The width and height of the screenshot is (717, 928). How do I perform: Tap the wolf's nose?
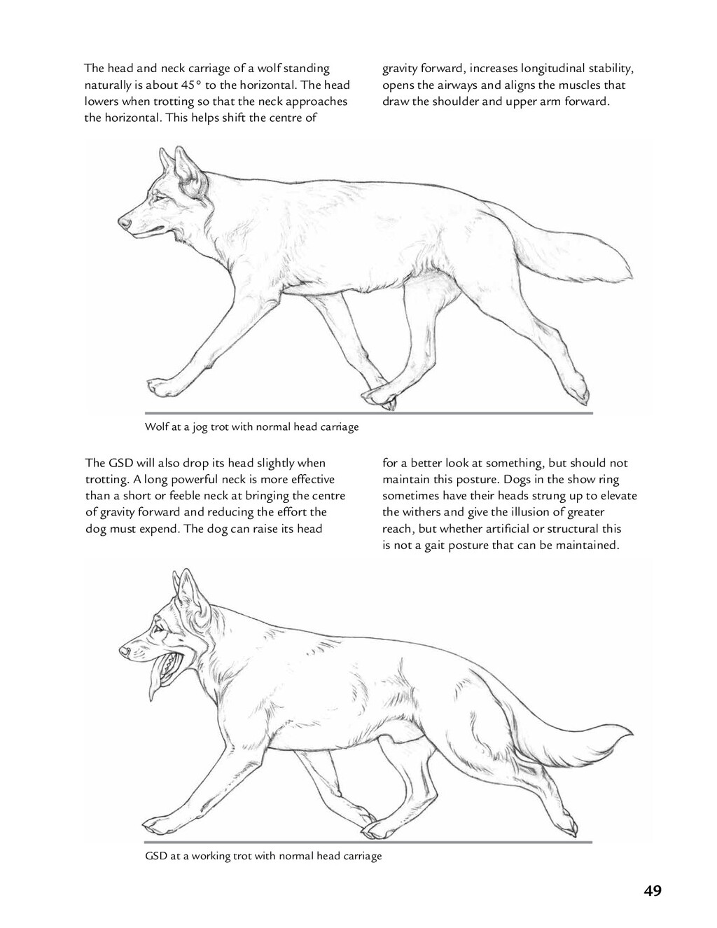tap(124, 222)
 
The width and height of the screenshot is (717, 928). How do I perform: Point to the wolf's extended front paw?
tap(159, 386)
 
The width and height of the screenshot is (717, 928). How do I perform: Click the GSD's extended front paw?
tap(155, 822)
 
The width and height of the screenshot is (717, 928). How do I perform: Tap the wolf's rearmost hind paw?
tap(578, 392)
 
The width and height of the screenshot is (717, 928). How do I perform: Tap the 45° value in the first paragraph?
tap(190, 85)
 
